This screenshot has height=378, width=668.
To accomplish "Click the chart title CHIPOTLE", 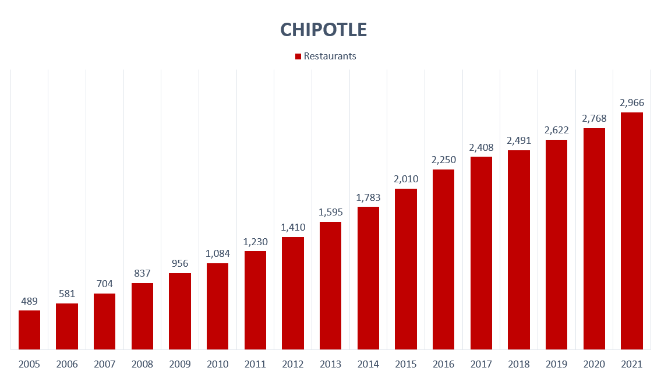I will pos(324,30).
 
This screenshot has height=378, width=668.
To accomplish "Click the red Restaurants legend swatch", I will pos(298,56).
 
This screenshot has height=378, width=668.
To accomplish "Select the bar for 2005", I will pos(29,330).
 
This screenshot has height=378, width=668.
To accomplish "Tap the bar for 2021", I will pos(631,231).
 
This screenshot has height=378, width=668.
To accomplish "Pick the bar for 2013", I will pos(330,285).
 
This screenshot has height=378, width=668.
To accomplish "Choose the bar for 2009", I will pos(180,311).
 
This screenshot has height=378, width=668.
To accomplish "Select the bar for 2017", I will pos(481,253).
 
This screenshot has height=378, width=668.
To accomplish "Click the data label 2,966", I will pos(631,103).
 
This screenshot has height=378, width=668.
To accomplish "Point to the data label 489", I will pos(29,301).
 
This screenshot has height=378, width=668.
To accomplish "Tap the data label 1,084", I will pos(217,254).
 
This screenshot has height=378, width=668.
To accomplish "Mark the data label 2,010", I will pos(406,179).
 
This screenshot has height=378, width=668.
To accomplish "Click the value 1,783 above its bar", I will pos(368,197).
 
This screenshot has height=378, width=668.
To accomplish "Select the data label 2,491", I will pos(518,140).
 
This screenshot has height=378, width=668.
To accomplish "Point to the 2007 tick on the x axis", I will pos(105,365).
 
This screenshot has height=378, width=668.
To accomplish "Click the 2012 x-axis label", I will pos(293,365).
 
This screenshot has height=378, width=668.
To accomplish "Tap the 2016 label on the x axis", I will pos(443,365).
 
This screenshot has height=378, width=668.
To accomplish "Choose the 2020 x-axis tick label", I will pos(594,365).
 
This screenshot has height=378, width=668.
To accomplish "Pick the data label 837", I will pos(142,274).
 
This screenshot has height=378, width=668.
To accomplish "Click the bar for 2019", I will pos(556,245).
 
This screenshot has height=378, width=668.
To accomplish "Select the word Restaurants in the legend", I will pos(330,56).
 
